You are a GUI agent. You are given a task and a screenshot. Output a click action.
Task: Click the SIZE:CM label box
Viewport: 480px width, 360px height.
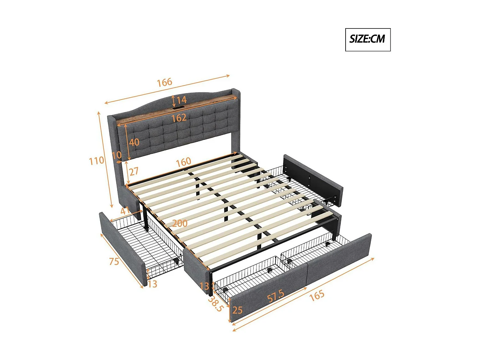point(368,40)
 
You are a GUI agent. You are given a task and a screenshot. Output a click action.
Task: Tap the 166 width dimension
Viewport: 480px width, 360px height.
point(164,83)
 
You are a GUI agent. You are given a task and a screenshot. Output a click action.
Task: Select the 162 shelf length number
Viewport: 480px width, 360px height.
point(179,118)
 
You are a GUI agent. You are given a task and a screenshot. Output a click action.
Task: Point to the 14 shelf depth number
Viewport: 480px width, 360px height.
point(181,100)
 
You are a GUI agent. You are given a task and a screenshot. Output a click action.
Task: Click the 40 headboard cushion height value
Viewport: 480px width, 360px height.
point(134,142)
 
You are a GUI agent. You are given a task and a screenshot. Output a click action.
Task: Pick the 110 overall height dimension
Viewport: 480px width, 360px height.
point(96,161)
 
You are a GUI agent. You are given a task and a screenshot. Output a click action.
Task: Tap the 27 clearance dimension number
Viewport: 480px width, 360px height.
point(134,171)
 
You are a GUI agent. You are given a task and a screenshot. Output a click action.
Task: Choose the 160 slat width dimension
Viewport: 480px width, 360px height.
point(183,162)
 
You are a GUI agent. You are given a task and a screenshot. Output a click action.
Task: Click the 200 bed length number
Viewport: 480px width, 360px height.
point(180,223)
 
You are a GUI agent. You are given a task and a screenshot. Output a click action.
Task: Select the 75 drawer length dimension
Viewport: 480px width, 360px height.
point(114,261)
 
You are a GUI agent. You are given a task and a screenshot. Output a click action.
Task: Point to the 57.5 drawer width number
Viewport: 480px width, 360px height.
point(276,296)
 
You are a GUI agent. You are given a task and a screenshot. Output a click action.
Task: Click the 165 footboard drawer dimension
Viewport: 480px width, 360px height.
point(317,295)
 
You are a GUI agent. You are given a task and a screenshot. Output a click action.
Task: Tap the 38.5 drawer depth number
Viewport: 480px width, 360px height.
point(215,304)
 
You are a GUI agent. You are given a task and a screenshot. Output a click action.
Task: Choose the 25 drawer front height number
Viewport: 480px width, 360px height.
point(237,310)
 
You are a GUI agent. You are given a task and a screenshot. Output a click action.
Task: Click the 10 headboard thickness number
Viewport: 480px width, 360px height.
point(116,155)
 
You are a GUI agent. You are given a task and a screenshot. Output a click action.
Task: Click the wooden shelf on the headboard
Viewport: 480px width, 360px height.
point(177,108)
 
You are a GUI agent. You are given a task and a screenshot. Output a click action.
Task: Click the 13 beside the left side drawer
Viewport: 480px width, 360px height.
point(152,284)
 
